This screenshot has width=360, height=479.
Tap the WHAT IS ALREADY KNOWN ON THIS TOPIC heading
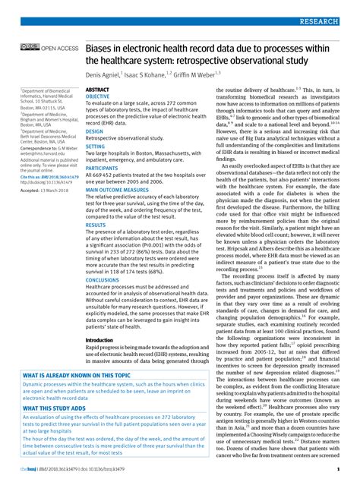pyautogui.click(x=77, y=397)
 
